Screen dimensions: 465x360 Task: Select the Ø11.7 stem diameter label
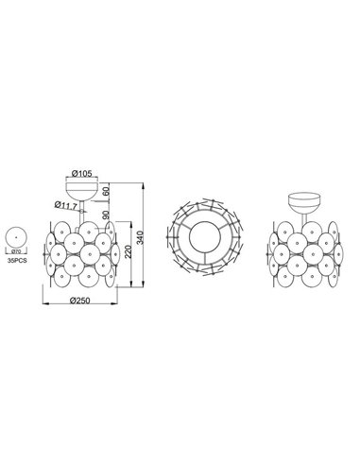click(66, 203)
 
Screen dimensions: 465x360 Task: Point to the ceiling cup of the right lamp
click(304, 203)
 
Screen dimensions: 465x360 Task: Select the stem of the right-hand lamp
click(304, 220)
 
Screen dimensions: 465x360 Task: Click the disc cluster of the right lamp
click(304, 255)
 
